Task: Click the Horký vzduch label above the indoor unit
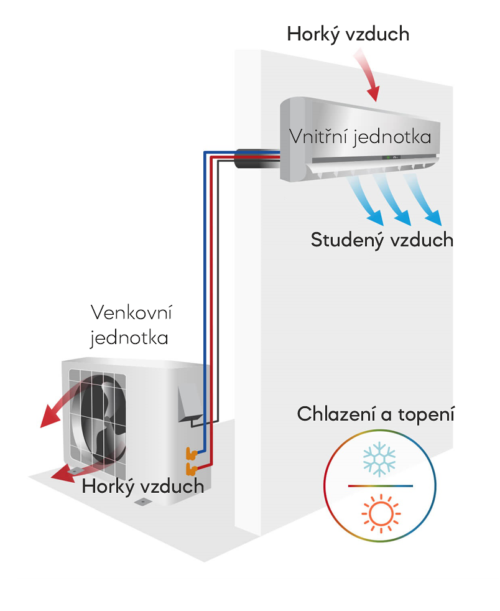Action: (x=348, y=34)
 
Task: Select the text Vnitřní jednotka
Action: (x=360, y=136)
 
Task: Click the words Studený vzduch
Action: (x=382, y=240)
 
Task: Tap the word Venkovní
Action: (x=131, y=312)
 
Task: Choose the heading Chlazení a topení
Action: (x=376, y=414)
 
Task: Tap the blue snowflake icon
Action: (x=379, y=459)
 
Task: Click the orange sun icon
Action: (x=379, y=514)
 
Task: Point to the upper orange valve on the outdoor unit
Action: (x=190, y=451)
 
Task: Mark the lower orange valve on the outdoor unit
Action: (x=190, y=467)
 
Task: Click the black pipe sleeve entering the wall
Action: (x=255, y=158)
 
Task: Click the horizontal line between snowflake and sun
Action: (x=379, y=485)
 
